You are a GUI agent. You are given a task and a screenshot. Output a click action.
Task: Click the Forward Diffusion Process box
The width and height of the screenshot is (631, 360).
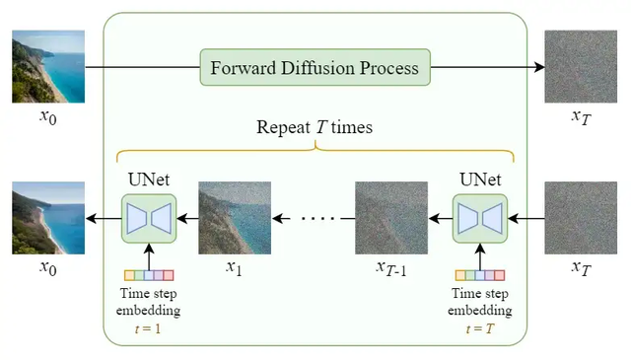coord(315,68)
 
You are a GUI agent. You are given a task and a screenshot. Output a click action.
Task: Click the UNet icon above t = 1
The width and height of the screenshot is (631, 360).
coord(147,218)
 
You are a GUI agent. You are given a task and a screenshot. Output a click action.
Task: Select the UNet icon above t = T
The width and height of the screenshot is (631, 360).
coord(479,218)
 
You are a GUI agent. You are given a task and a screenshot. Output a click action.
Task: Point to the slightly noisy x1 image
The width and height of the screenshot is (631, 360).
coord(235,218)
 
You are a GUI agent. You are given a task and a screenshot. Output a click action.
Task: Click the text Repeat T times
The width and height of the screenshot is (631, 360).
coord(315,127)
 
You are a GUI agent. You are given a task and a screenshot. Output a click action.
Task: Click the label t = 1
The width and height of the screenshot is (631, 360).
coord(147,326)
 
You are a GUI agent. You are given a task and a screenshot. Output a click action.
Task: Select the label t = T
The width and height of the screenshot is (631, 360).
coord(481,326)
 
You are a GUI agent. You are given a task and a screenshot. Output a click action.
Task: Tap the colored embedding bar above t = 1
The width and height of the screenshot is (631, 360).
coord(147,275)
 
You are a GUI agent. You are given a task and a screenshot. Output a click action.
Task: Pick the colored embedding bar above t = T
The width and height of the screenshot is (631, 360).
coord(479,275)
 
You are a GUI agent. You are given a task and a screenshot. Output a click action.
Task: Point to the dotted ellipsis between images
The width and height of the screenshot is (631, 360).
coord(314,218)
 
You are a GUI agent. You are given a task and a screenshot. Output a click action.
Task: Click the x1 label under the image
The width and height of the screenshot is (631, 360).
coord(234,267)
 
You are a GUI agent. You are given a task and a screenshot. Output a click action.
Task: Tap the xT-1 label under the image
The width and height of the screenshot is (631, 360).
coord(390,268)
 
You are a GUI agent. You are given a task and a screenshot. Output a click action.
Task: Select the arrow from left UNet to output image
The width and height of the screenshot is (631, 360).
coord(103,218)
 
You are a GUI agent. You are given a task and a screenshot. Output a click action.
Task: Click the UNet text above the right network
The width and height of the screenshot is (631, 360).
coord(480,180)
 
